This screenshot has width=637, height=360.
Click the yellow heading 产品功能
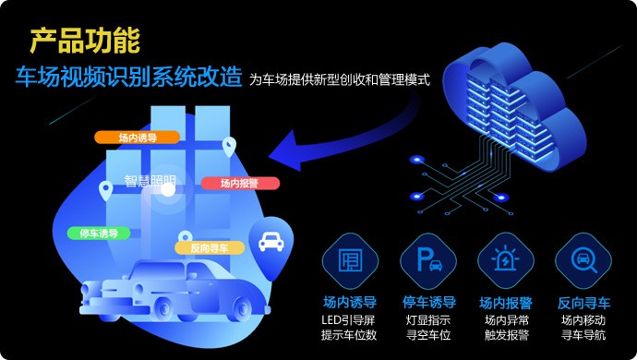click(84, 41)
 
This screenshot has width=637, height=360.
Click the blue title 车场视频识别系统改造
click(129, 77)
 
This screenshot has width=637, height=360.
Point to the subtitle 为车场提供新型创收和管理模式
click(340, 79)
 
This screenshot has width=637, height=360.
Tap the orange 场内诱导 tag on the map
click(137, 138)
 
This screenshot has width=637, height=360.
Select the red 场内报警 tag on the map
click(241, 183)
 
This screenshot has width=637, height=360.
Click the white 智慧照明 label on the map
click(150, 182)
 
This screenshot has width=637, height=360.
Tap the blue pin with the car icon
click(270, 244)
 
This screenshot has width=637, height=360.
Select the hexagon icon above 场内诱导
click(350, 260)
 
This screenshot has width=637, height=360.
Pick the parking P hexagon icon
click(428, 260)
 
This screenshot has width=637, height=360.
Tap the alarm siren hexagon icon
click(506, 260)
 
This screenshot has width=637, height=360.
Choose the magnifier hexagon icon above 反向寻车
click(583, 260)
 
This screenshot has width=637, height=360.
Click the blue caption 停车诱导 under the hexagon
click(428, 302)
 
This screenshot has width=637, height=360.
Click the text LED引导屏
click(350, 319)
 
